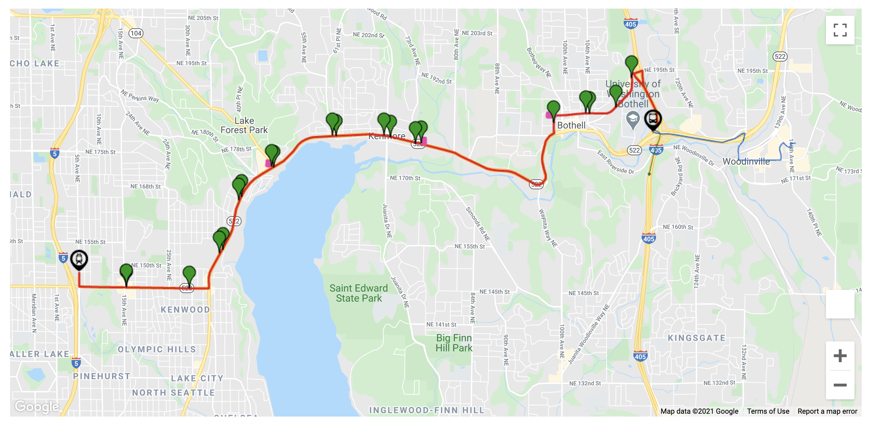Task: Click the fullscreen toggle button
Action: tap(840, 30)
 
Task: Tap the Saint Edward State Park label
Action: tap(359, 293)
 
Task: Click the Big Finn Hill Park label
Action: tap(454, 343)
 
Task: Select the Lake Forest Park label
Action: tap(244, 125)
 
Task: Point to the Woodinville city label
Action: tap(746, 161)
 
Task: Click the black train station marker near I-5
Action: tap(79, 259)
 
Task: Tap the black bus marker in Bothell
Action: tap(653, 119)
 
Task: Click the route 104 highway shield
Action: tap(136, 33)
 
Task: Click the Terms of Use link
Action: tap(768, 411)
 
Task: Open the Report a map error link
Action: tap(827, 411)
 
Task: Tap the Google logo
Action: tap(37, 407)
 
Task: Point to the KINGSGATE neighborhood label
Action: tap(696, 338)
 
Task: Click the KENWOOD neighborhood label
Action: tap(185, 310)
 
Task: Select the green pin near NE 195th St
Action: tap(632, 64)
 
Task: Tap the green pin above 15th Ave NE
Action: tap(126, 273)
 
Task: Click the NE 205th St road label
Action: tap(203, 18)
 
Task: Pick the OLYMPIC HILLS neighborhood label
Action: tap(157, 349)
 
